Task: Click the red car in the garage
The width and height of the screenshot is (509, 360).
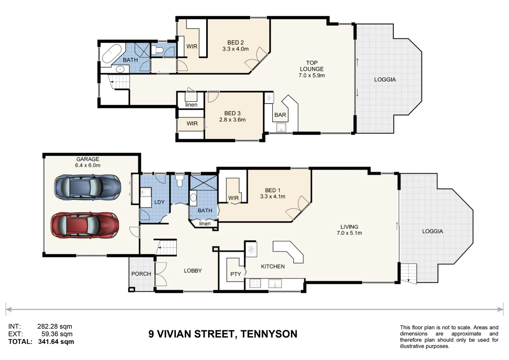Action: point(85,225)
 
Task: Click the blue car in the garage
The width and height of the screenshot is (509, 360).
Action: point(87,187)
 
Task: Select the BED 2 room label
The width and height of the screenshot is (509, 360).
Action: point(235,43)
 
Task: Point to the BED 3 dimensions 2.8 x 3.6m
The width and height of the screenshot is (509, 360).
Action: point(232,120)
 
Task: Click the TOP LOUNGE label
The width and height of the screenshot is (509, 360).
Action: point(312,66)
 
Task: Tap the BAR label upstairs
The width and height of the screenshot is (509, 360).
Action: point(280,115)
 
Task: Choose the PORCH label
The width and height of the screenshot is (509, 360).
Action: point(141,274)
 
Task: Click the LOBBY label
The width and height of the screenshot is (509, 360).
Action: point(193,270)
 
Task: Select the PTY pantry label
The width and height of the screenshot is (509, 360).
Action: point(235,274)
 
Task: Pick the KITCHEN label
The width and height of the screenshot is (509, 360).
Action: point(273,266)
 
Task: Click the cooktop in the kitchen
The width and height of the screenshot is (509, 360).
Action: point(255,283)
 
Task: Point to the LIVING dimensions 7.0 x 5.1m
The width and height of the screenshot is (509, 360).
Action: point(349,233)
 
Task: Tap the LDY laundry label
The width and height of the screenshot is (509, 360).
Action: point(159,202)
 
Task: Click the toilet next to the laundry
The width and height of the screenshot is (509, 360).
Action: point(180,181)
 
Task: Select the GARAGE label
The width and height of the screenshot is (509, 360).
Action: point(88,159)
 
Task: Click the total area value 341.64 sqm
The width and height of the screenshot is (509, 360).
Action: point(56,342)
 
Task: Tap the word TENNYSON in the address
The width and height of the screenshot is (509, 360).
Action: point(269,334)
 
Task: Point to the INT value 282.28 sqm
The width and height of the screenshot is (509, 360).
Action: point(55,326)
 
